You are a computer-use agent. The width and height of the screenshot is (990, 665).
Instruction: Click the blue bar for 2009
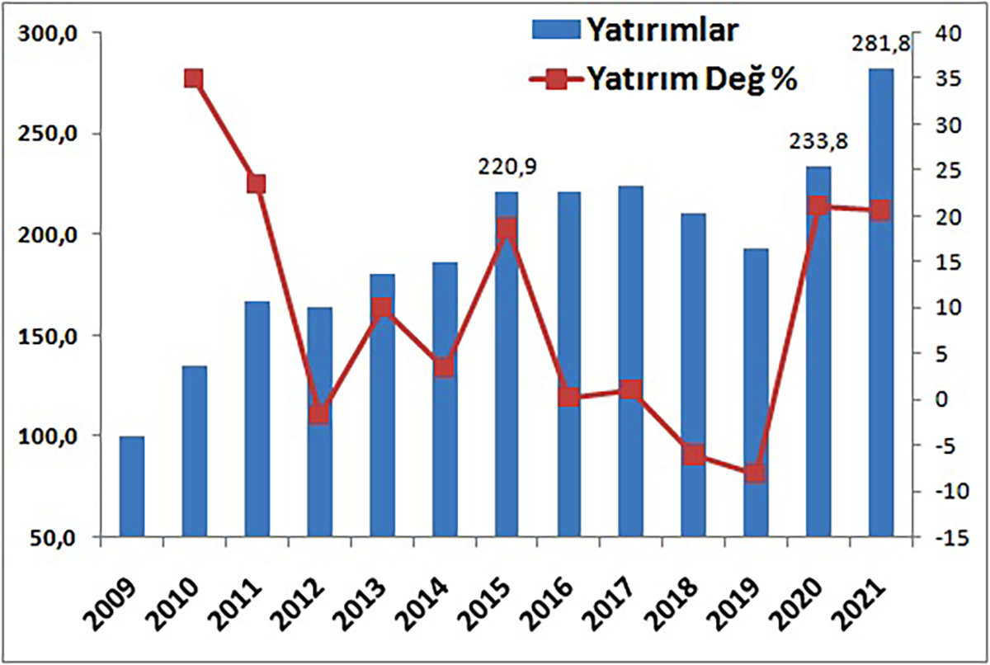tap(132, 486)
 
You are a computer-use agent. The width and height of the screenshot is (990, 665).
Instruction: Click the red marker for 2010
tap(194, 79)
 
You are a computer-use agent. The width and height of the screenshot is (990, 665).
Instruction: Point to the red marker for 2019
tap(756, 474)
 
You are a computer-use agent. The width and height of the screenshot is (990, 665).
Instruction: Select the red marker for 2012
tap(319, 414)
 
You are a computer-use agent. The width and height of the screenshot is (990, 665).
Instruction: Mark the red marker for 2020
tap(818, 206)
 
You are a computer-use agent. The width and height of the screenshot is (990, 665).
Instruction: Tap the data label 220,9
tap(507, 167)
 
